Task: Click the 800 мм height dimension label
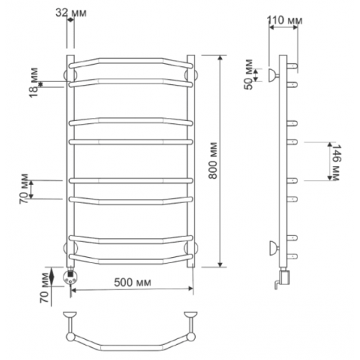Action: tap(213, 161)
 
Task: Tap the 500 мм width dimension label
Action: tap(132, 282)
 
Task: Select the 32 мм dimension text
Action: tap(71, 13)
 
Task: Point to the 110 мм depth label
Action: tap(285, 20)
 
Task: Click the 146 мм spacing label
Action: tap(335, 163)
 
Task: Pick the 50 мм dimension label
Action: tap(249, 74)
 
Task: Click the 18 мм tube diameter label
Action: tap(34, 83)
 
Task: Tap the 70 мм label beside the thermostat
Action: tap(45, 288)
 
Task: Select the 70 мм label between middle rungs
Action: tap(24, 189)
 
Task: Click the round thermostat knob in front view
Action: tap(71, 277)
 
